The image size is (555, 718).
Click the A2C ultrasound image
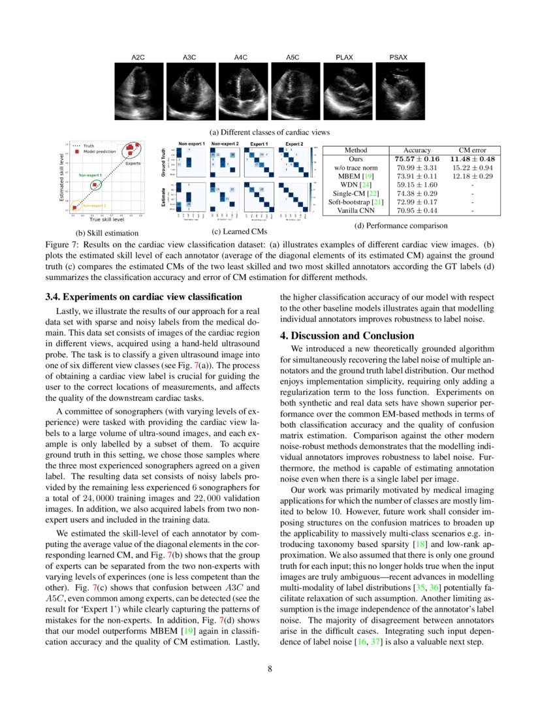[x=138, y=91]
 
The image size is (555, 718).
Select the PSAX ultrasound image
[x=398, y=91]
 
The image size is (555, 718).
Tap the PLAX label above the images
[x=344, y=58]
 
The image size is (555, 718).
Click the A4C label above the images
[x=240, y=58]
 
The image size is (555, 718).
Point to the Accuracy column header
[x=417, y=150]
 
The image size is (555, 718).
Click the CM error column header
[x=473, y=150]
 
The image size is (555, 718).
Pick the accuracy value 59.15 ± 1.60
[x=417, y=185]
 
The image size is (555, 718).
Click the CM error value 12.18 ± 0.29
[x=473, y=176]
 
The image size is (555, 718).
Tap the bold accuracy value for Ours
[x=417, y=159]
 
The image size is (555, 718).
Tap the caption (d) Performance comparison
[x=401, y=226]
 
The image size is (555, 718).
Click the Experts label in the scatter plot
[x=133, y=163]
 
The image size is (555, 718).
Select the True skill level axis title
[x=106, y=220]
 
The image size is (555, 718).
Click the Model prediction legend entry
[x=98, y=151]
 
